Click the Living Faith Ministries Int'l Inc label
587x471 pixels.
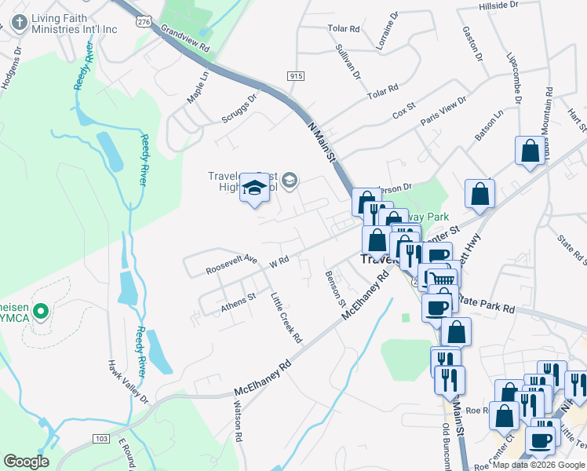click(74, 23)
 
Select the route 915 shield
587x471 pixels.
click(296, 75)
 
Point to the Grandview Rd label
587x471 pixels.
click(186, 38)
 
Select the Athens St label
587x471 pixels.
click(239, 303)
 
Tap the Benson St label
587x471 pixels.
click(335, 288)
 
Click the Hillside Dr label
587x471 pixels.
click(498, 5)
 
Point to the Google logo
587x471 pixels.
click(26, 462)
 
